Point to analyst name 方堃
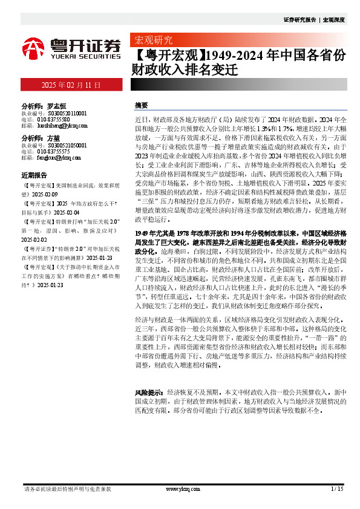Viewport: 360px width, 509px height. [x=53, y=138]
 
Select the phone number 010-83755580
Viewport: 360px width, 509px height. [x=56, y=120]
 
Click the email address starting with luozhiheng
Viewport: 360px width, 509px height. [x=62, y=126]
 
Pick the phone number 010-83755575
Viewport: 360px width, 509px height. [x=56, y=152]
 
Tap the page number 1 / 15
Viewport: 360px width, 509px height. [x=337, y=488]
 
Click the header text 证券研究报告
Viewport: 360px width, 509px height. [x=300, y=20]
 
